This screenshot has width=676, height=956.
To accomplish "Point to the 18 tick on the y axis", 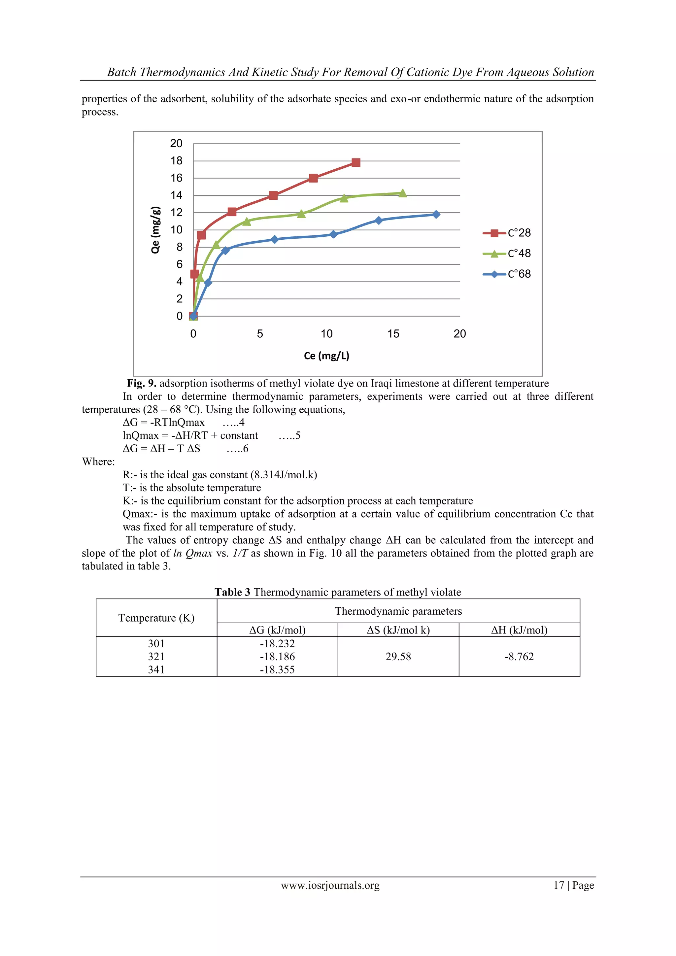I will pos(177,161).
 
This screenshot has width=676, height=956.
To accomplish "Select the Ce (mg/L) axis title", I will pos(326,356).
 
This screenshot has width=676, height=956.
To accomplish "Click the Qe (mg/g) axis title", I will pos(155,229).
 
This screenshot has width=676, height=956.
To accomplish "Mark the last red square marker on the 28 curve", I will pos(355,162).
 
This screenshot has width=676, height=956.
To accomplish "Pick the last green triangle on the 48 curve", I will pos(402,193).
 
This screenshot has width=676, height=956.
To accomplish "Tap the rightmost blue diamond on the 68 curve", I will pos(436,215).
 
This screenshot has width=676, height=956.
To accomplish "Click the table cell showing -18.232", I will pos(277,644).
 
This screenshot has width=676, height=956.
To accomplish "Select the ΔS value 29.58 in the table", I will pos(398,657).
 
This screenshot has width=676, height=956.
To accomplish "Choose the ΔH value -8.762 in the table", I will pos(519,657).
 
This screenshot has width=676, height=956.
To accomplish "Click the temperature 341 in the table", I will pos(156,669).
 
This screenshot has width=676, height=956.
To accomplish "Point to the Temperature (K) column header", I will pos(156,618).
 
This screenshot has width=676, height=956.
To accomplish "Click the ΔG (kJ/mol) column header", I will pos(277,630).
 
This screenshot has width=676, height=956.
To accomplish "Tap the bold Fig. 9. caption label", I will pos(142,383).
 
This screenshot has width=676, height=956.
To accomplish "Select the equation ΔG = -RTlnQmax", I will pos(164,422).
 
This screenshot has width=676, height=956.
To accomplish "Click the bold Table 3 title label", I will pos(232,592).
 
